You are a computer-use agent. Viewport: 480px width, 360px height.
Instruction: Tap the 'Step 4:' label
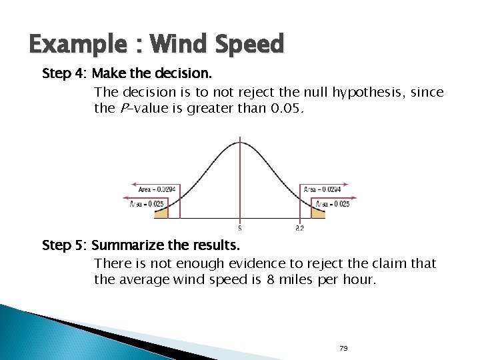click(x=61, y=73)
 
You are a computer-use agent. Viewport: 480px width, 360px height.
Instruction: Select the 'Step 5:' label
click(x=63, y=245)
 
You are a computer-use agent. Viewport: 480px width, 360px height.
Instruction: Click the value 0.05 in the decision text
click(x=290, y=108)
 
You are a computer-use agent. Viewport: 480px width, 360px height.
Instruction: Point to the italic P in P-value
click(x=123, y=108)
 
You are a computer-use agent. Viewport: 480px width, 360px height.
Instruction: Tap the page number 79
click(x=345, y=348)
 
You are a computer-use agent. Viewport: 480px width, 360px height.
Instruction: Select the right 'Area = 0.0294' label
click(x=323, y=190)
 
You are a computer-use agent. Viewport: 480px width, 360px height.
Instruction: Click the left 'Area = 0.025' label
click(x=147, y=203)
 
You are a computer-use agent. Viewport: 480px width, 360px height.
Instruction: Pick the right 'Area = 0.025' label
click(x=331, y=203)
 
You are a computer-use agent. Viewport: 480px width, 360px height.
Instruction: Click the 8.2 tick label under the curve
click(x=299, y=228)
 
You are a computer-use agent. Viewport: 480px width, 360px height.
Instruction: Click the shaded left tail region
click(x=161, y=214)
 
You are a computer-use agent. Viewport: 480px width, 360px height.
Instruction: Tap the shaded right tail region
click(x=318, y=214)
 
